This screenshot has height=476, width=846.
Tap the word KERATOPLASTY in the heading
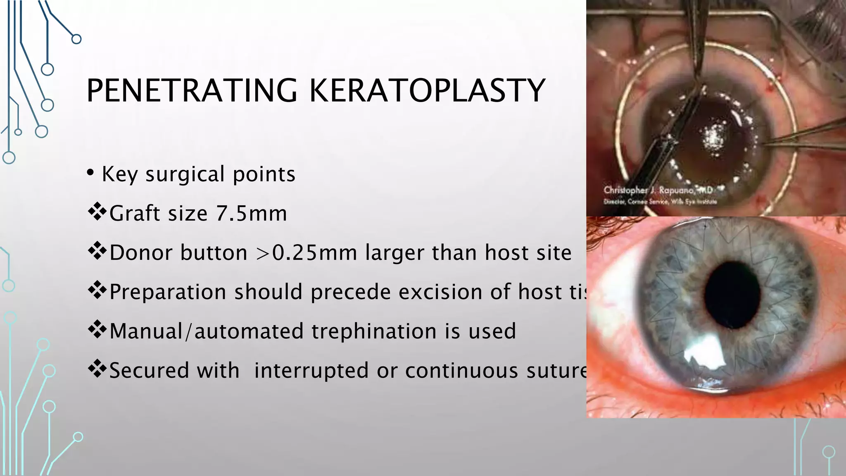pyautogui.click(x=427, y=90)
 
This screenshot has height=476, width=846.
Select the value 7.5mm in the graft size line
pyautogui.click(x=251, y=214)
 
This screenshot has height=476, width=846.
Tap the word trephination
pyautogui.click(x=374, y=331)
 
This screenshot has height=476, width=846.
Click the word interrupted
pyautogui.click(x=311, y=371)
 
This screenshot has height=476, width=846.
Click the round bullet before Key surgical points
pyautogui.click(x=90, y=173)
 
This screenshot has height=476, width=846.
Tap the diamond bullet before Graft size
pyautogui.click(x=97, y=212)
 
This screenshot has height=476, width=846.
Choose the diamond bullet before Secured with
pyautogui.click(x=97, y=369)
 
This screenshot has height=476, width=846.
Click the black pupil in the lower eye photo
pyautogui.click(x=732, y=295)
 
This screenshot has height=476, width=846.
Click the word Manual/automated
pyautogui.click(x=147, y=331)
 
